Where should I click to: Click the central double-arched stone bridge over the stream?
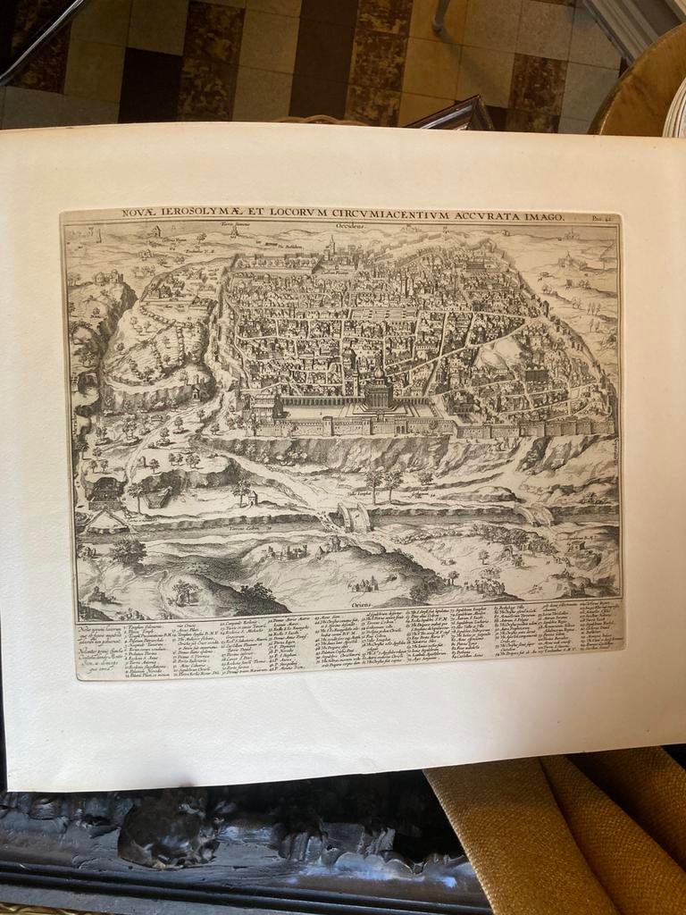pyautogui.click(x=354, y=516)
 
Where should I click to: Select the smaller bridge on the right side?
pyautogui.click(x=532, y=514)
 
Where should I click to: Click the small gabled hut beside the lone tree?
pyautogui.click(x=252, y=498)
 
